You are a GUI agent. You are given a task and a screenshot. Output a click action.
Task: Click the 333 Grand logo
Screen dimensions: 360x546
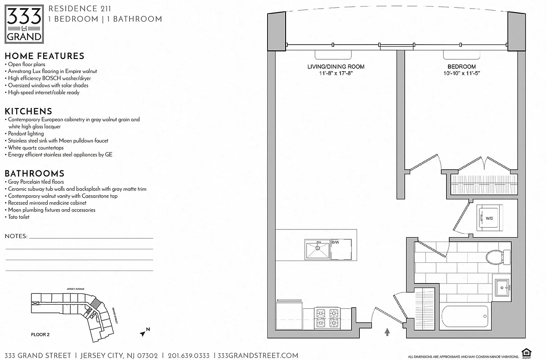[x=25, y=24]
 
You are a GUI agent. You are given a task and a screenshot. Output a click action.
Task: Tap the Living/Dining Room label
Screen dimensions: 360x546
[x=336, y=67]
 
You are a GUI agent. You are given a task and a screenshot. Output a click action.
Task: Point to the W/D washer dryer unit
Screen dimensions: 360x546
[x=489, y=218]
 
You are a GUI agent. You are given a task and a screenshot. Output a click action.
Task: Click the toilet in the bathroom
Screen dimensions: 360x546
[x=495, y=257]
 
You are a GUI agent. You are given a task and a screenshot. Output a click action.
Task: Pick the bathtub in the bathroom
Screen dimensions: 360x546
[x=465, y=317]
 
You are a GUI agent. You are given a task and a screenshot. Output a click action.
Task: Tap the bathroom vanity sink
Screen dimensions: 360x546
[x=502, y=287]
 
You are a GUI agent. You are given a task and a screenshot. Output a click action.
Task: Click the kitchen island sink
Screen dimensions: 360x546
[x=318, y=250]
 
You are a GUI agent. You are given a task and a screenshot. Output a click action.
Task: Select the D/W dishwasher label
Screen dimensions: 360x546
[x=335, y=243]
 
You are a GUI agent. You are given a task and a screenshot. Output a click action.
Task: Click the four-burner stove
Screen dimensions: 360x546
[x=327, y=318]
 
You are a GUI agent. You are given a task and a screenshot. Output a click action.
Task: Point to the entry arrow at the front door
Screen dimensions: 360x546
[x=387, y=332]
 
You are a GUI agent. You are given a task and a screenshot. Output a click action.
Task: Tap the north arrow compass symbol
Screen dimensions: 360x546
[x=144, y=333]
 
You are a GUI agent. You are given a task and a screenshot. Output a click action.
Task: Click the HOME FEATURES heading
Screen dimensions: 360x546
[x=45, y=56]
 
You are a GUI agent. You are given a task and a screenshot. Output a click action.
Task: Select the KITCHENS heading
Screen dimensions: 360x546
[x=28, y=111]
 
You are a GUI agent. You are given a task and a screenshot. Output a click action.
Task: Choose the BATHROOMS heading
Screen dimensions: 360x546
[x=35, y=174]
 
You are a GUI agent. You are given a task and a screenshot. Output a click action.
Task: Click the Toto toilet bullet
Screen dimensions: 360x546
[x=19, y=217]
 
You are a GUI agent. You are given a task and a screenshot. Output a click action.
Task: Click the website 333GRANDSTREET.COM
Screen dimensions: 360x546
[x=258, y=355]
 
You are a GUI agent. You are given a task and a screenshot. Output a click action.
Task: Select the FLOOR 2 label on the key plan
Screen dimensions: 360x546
[x=40, y=334]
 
